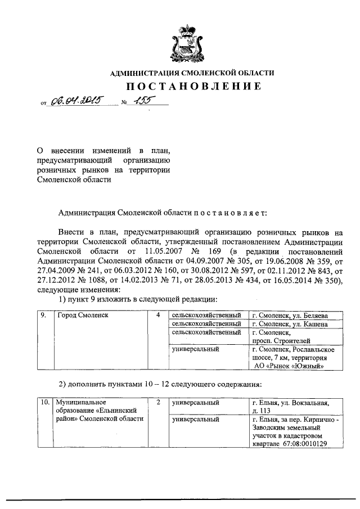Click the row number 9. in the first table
coord(43,316)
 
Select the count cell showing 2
coord(159,403)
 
